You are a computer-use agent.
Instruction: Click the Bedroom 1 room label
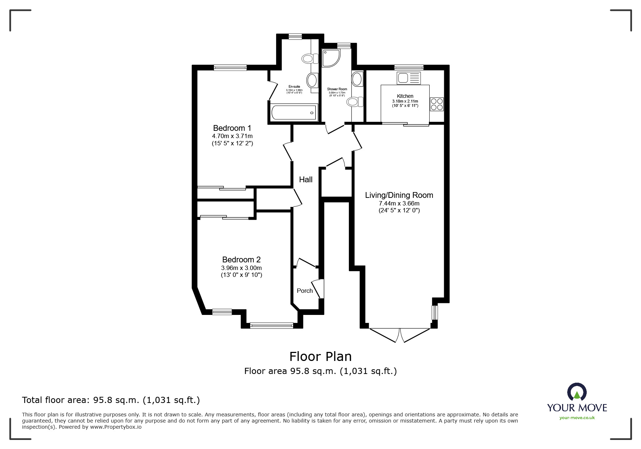232,128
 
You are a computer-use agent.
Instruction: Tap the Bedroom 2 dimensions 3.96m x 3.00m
241,268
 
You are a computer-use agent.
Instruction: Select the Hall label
305,179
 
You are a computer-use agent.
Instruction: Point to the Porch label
304,291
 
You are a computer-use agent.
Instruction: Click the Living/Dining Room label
399,195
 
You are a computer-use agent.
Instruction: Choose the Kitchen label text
405,96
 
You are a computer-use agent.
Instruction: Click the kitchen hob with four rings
437,104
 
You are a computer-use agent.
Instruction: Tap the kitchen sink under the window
409,78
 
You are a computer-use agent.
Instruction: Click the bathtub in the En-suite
294,112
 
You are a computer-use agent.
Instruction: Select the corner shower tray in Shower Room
330,58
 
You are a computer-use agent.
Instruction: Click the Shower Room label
337,89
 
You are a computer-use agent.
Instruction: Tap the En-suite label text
294,87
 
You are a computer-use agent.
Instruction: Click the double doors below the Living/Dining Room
400,335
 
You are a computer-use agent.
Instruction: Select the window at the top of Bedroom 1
230,67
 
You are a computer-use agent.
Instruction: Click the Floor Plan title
320,357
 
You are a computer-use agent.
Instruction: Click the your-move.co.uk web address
577,418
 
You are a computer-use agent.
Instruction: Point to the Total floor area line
111,400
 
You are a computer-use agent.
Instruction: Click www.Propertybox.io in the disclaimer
116,427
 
